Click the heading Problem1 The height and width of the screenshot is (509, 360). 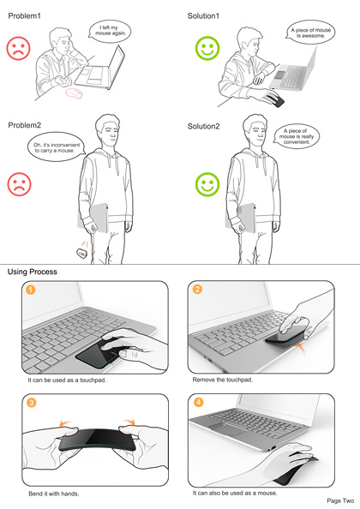24,15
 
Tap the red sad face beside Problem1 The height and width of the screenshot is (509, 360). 19,48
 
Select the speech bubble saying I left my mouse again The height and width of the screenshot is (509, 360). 110,31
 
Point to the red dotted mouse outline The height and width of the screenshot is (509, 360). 75,93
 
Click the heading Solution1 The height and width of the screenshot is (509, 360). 203,15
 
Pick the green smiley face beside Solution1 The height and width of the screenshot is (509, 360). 207,48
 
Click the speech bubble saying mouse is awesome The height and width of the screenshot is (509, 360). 310,33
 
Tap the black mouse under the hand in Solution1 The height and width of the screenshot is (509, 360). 275,100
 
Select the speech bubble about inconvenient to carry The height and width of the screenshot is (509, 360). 57,147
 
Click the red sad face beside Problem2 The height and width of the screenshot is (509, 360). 19,184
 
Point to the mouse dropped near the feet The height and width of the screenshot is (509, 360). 81,253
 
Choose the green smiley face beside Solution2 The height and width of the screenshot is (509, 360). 207,184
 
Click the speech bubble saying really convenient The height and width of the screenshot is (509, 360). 296,136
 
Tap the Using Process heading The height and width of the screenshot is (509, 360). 32,272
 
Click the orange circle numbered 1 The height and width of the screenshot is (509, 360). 31,290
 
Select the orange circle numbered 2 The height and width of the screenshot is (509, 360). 197,289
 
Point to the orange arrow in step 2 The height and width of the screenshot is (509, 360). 302,350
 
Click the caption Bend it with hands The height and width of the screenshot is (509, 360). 54,494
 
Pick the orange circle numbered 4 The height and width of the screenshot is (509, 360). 199,403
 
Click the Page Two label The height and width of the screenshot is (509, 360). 340,501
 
